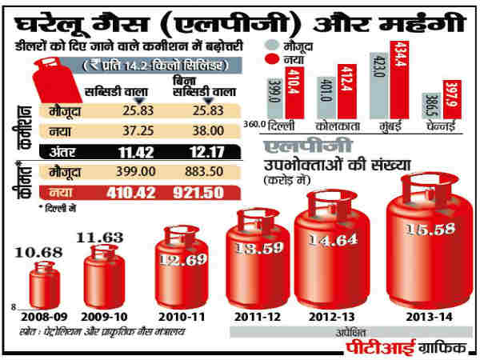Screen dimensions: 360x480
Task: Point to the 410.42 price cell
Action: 138,193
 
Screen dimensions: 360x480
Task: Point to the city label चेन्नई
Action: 442,127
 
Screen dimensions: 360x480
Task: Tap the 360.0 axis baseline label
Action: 255,126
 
